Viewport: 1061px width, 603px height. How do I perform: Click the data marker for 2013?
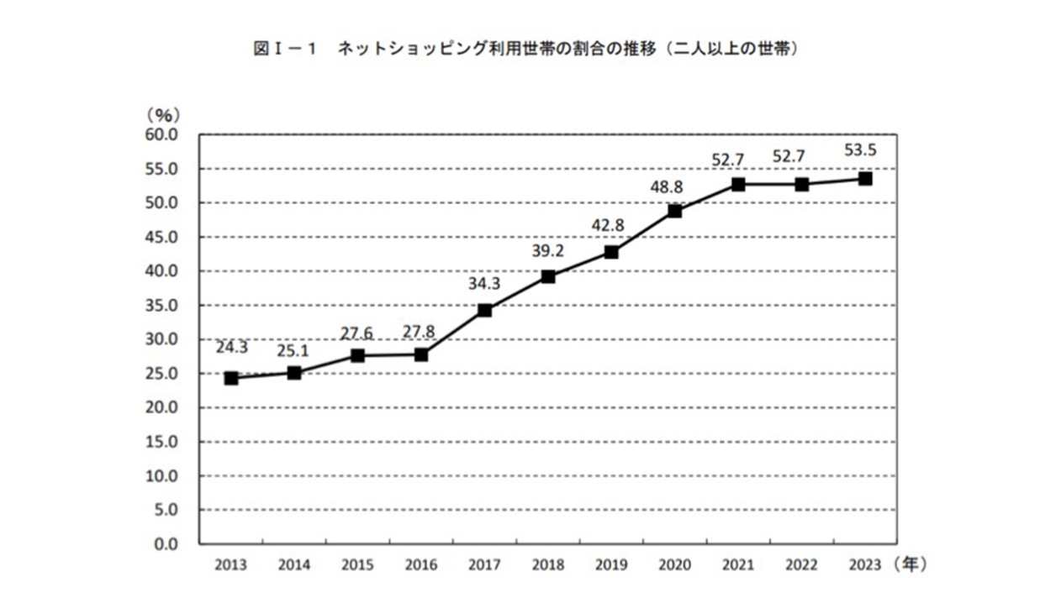click(231, 378)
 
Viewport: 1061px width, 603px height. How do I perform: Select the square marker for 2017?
click(484, 310)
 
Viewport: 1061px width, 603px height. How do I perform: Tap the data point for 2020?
click(674, 211)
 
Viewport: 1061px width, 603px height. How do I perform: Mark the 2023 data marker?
click(865, 178)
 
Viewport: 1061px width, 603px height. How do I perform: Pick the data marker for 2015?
click(357, 355)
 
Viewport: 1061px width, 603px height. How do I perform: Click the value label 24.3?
click(230, 348)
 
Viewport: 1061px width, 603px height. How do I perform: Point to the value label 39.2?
click(547, 250)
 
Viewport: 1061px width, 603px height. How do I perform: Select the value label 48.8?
click(674, 186)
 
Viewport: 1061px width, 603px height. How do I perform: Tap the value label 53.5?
click(865, 152)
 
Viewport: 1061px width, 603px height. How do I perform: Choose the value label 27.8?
click(420, 331)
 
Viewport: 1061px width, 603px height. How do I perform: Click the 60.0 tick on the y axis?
click(161, 134)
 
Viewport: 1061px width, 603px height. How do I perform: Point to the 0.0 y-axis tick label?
click(166, 544)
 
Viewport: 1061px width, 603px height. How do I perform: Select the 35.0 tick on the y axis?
click(161, 306)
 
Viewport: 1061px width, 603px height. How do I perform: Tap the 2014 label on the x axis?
click(294, 564)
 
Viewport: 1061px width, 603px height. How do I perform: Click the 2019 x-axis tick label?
click(611, 564)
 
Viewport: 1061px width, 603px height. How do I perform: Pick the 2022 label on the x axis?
click(801, 564)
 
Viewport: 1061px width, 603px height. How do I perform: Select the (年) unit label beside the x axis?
click(911, 564)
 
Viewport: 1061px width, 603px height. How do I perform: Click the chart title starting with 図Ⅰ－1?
click(525, 50)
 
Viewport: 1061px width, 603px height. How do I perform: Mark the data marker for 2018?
click(547, 276)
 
